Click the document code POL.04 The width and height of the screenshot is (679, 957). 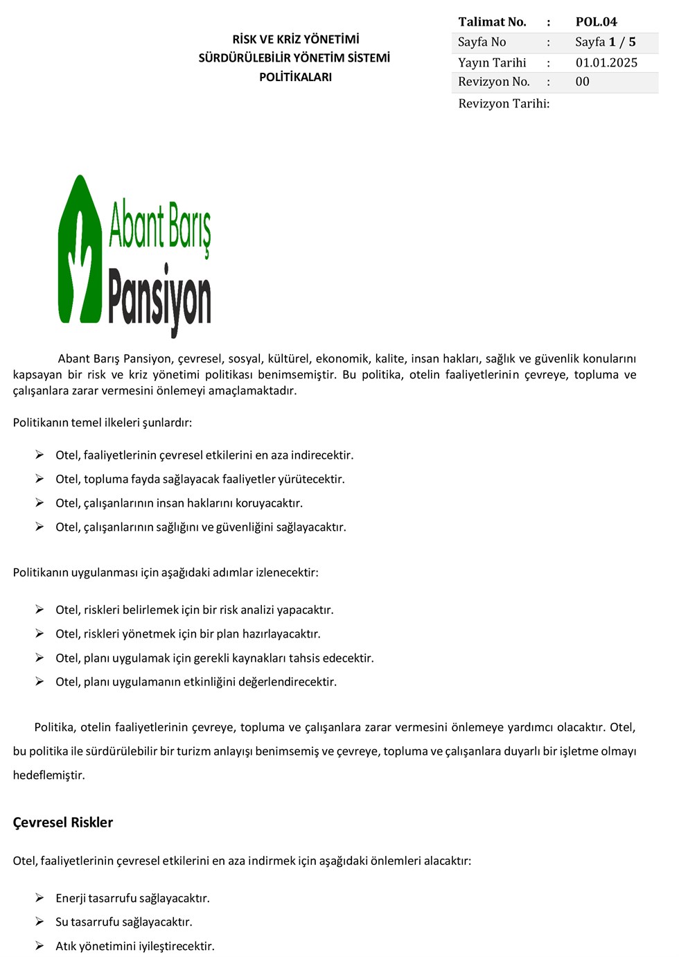(x=596, y=22)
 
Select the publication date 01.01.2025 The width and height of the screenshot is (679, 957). (x=606, y=62)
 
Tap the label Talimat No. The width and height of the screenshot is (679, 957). (x=492, y=22)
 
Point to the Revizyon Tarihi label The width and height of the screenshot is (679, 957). (x=504, y=104)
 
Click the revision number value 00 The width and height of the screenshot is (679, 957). (x=583, y=82)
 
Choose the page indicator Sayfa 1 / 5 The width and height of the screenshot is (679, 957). (x=605, y=42)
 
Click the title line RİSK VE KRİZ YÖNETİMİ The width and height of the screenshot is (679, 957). (x=296, y=39)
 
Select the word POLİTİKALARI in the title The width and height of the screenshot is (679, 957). (x=296, y=77)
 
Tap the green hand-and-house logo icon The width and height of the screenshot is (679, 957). (x=80, y=249)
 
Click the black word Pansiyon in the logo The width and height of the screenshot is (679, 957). (x=160, y=298)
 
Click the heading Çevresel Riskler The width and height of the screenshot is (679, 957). (x=63, y=823)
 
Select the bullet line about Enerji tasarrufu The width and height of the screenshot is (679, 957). (x=132, y=898)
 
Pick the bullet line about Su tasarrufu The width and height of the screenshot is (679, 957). (x=124, y=922)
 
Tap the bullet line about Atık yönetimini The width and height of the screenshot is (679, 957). (x=135, y=946)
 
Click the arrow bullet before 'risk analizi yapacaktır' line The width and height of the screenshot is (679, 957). (x=40, y=610)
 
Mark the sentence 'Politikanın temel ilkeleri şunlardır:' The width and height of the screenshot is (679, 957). (x=103, y=423)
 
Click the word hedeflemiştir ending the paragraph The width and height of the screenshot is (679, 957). (x=49, y=775)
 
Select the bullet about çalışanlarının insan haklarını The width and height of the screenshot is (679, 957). (x=179, y=503)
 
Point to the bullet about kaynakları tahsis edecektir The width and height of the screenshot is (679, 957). (x=215, y=658)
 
